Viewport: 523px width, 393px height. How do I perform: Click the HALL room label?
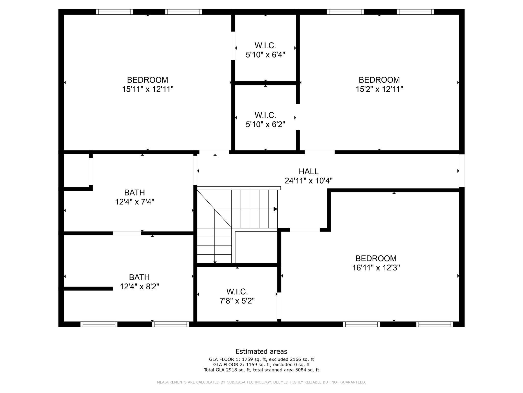(308, 171)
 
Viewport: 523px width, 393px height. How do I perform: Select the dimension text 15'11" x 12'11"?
(148, 89)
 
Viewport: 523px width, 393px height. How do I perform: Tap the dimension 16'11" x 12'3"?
(376, 268)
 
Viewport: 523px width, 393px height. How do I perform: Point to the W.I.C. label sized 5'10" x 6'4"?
(265, 46)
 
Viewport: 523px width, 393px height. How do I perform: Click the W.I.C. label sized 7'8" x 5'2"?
(237, 291)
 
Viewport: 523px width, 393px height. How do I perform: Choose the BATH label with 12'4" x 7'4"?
(135, 192)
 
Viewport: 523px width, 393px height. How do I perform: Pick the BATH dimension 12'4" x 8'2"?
(139, 287)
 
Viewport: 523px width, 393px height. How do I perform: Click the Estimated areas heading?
(261, 351)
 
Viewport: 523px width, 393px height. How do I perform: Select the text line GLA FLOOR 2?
(261, 365)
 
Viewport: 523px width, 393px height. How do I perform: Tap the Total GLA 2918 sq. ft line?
(261, 370)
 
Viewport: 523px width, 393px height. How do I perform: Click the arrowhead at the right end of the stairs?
(276, 209)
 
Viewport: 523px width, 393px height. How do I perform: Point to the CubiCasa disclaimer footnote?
(261, 382)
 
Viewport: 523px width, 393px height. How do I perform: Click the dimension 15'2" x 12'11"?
(379, 89)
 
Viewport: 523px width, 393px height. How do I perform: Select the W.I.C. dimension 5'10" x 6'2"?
(265, 124)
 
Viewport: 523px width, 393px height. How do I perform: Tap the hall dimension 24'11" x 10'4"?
(308, 181)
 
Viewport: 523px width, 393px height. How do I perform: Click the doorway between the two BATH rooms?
(127, 233)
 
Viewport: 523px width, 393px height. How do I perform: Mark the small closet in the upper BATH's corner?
(76, 171)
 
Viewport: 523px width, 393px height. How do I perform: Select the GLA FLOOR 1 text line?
(261, 359)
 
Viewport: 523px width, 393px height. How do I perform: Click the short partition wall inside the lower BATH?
(88, 289)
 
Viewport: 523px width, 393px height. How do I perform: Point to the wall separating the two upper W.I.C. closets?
(265, 83)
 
